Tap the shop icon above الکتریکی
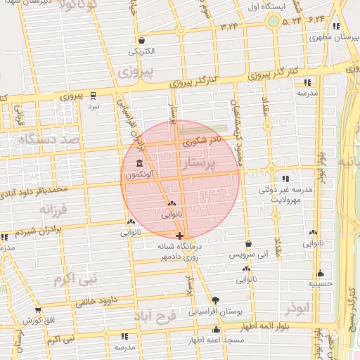143,41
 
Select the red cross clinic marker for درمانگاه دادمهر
180,236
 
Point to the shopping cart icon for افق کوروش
37,310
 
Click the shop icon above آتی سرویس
248,244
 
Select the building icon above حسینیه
321,274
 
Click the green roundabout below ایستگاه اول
273,21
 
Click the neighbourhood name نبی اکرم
73,279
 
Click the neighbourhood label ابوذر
298,308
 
